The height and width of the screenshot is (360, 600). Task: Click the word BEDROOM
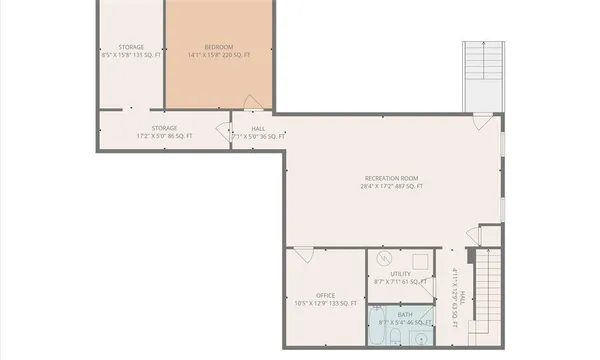(219, 47)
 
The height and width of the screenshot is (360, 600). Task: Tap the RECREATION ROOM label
(393, 177)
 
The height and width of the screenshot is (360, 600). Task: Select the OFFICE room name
(325, 295)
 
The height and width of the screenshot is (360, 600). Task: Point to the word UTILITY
(400, 273)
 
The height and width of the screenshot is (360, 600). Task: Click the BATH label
(400, 314)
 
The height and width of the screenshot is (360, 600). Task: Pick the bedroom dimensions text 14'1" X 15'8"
(219, 56)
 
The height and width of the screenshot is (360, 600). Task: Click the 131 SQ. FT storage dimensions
(130, 56)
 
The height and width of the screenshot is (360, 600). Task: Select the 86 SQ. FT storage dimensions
(164, 136)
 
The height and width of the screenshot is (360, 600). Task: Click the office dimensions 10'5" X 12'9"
(325, 303)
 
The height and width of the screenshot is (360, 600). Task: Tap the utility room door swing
(431, 290)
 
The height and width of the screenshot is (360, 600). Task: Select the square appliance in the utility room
(421, 257)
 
